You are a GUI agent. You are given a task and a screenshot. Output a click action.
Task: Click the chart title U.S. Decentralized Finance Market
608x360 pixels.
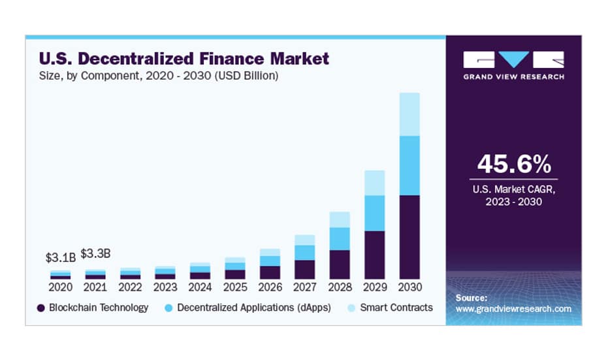tap(184, 59)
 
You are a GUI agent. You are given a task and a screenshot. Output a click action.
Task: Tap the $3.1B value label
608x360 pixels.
tap(61, 257)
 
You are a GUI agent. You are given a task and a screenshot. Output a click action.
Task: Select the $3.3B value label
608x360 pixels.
tap(95, 253)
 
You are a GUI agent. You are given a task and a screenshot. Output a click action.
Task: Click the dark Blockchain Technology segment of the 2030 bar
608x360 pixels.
tap(409, 237)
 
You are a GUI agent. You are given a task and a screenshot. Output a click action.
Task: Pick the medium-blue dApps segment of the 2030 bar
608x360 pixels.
tap(409, 165)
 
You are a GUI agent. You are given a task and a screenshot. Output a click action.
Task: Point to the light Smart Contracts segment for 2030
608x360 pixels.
tap(409, 114)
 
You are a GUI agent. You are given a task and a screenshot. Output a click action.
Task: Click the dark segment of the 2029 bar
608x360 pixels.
tap(374, 255)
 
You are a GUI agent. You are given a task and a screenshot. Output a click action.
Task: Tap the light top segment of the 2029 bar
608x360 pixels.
tap(374, 183)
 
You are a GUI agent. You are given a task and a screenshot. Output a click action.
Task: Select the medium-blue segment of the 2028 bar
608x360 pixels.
tap(340, 238)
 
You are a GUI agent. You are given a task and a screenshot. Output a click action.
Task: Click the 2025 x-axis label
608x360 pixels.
tap(234, 287)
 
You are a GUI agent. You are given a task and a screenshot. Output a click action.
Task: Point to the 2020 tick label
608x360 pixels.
tap(61, 287)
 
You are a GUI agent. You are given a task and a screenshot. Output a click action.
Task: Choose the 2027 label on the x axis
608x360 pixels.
tap(304, 287)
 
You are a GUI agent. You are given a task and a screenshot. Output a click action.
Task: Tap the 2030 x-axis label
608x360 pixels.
tap(409, 287)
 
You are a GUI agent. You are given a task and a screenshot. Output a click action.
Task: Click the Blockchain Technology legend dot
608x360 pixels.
tap(41, 308)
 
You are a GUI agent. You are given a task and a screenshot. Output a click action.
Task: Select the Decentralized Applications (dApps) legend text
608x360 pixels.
tap(254, 307)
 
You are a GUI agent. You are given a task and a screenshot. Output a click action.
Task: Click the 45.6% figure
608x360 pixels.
tap(513, 164)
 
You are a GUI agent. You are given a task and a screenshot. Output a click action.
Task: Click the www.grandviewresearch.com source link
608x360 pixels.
tap(513, 308)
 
